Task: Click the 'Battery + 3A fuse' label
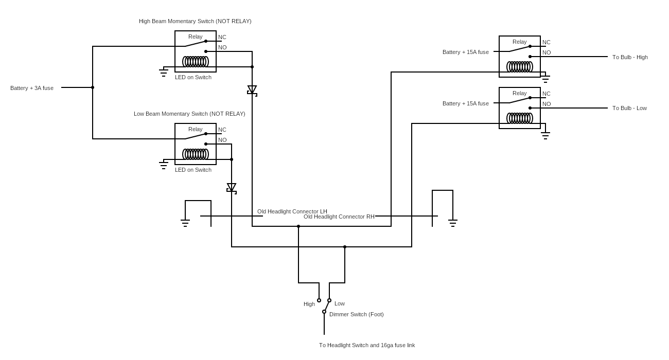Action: pos(32,88)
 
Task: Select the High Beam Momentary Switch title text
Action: pos(195,21)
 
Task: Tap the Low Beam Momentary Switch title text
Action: pos(189,114)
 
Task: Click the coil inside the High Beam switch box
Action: pos(196,62)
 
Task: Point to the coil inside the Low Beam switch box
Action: pos(196,154)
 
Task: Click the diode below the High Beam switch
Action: pos(252,90)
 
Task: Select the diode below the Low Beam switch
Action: pos(232,188)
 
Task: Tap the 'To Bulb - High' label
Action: pos(630,57)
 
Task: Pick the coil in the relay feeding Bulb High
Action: pos(520,67)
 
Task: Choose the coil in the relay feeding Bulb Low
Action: pos(520,118)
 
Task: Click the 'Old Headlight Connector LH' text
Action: pos(292,211)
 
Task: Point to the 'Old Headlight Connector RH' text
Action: pos(339,217)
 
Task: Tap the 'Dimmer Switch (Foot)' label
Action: pos(356,314)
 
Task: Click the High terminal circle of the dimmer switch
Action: pos(319,300)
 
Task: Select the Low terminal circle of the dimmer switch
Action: pos(329,300)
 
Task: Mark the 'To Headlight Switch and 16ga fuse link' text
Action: pos(367,345)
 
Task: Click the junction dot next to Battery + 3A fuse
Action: pos(93,87)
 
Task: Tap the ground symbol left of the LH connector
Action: pos(185,223)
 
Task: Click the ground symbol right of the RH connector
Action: pos(453,223)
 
